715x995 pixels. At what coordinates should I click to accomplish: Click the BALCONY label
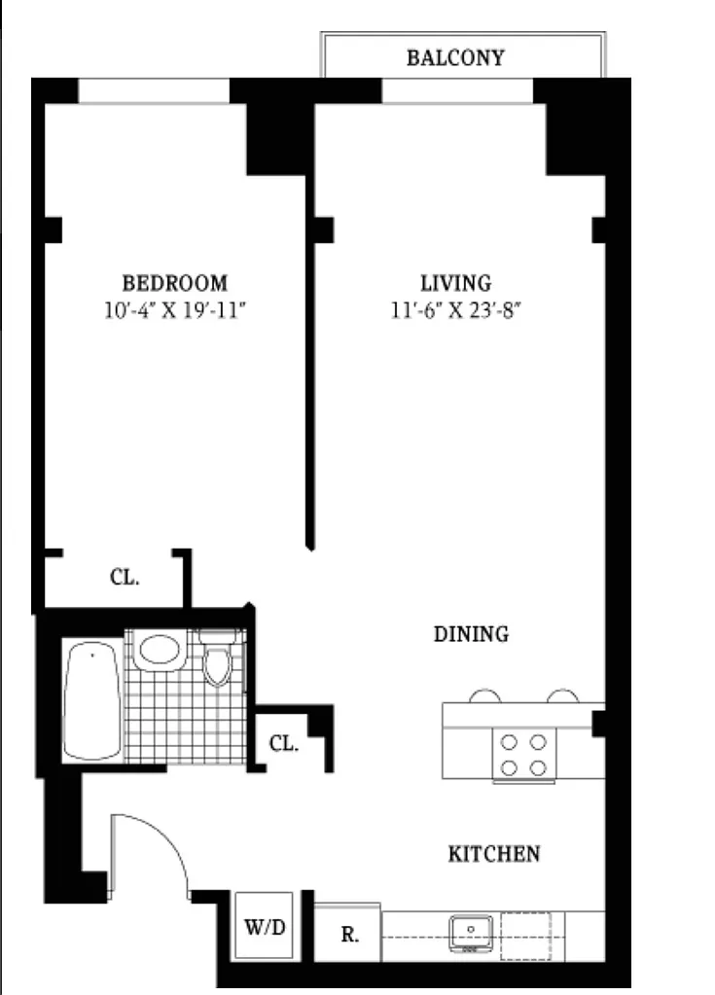pos(455,57)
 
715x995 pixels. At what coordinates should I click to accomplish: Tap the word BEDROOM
pos(174,282)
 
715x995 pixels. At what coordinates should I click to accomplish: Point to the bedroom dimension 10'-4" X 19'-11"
pos(175,311)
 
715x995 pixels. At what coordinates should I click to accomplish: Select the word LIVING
pos(455,282)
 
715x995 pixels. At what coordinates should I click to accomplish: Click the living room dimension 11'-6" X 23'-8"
pos(455,311)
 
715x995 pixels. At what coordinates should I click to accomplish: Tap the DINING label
pos(471,634)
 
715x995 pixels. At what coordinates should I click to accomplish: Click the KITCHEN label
pos(494,854)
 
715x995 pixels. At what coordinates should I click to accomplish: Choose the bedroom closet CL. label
pos(125,578)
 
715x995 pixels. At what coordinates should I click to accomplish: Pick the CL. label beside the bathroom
pos(284,743)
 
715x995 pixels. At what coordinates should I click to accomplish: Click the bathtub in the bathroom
pos(92,700)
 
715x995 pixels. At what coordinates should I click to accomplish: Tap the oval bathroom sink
pos(159,650)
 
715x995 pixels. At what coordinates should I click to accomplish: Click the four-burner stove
pos(524,755)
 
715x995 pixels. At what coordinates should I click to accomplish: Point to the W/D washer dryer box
pos(265,927)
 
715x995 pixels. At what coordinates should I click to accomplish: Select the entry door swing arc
pos(168,837)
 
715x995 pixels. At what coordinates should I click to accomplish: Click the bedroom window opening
pos(154,90)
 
